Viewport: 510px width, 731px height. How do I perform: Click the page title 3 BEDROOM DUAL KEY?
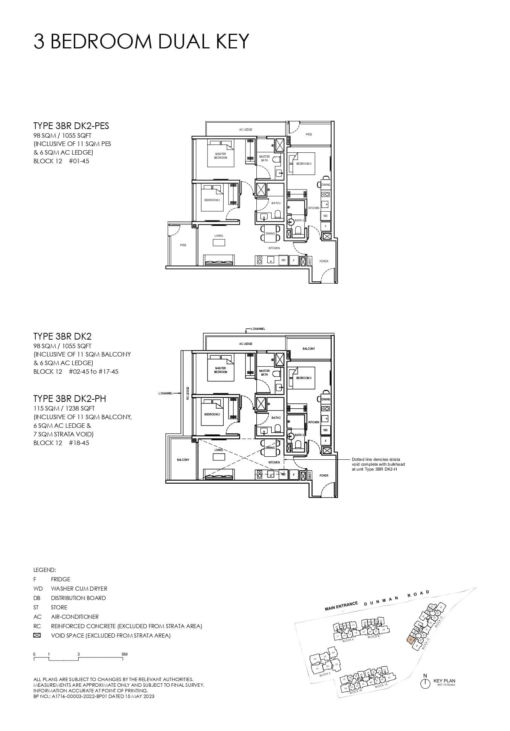[141, 41]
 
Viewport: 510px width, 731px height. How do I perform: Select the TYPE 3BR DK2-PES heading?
[71, 126]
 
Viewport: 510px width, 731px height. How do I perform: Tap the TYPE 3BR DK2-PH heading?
[69, 399]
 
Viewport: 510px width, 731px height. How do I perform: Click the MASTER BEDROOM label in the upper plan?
[221, 156]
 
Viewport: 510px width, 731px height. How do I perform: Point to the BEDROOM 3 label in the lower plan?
[304, 378]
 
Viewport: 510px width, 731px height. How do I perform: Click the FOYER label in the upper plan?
[323, 261]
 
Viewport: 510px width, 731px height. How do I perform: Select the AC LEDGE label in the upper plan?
[246, 129]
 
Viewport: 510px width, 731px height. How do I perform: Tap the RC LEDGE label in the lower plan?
[188, 393]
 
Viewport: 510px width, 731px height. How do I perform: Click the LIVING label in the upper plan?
[218, 236]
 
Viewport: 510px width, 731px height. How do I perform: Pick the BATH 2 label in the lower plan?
[276, 418]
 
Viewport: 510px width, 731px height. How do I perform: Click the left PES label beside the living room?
[183, 245]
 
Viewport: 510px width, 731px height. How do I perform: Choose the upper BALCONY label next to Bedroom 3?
[309, 349]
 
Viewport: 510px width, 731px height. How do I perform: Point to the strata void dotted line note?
[378, 464]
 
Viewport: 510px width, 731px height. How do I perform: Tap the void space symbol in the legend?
[37, 635]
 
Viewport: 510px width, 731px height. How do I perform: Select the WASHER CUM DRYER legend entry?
[79, 588]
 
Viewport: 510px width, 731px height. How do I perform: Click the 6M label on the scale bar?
[125, 654]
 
